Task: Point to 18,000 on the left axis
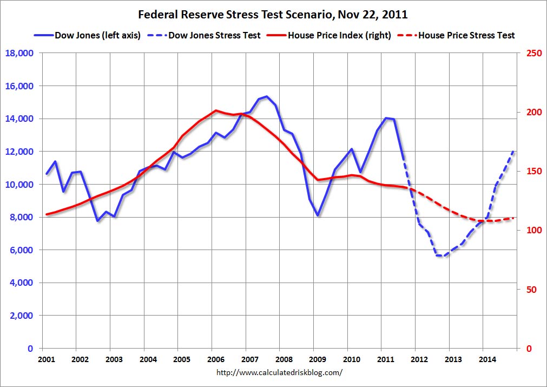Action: tap(19, 53)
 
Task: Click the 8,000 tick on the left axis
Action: tap(22, 217)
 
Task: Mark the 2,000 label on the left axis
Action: tap(22, 316)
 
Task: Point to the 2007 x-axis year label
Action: tap(249, 359)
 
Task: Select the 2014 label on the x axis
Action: tap(487, 359)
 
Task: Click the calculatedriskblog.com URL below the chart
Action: tap(279, 372)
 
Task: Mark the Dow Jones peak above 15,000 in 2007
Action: tap(267, 96)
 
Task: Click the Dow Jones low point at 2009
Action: tap(318, 215)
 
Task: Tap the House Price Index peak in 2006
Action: tap(216, 110)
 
